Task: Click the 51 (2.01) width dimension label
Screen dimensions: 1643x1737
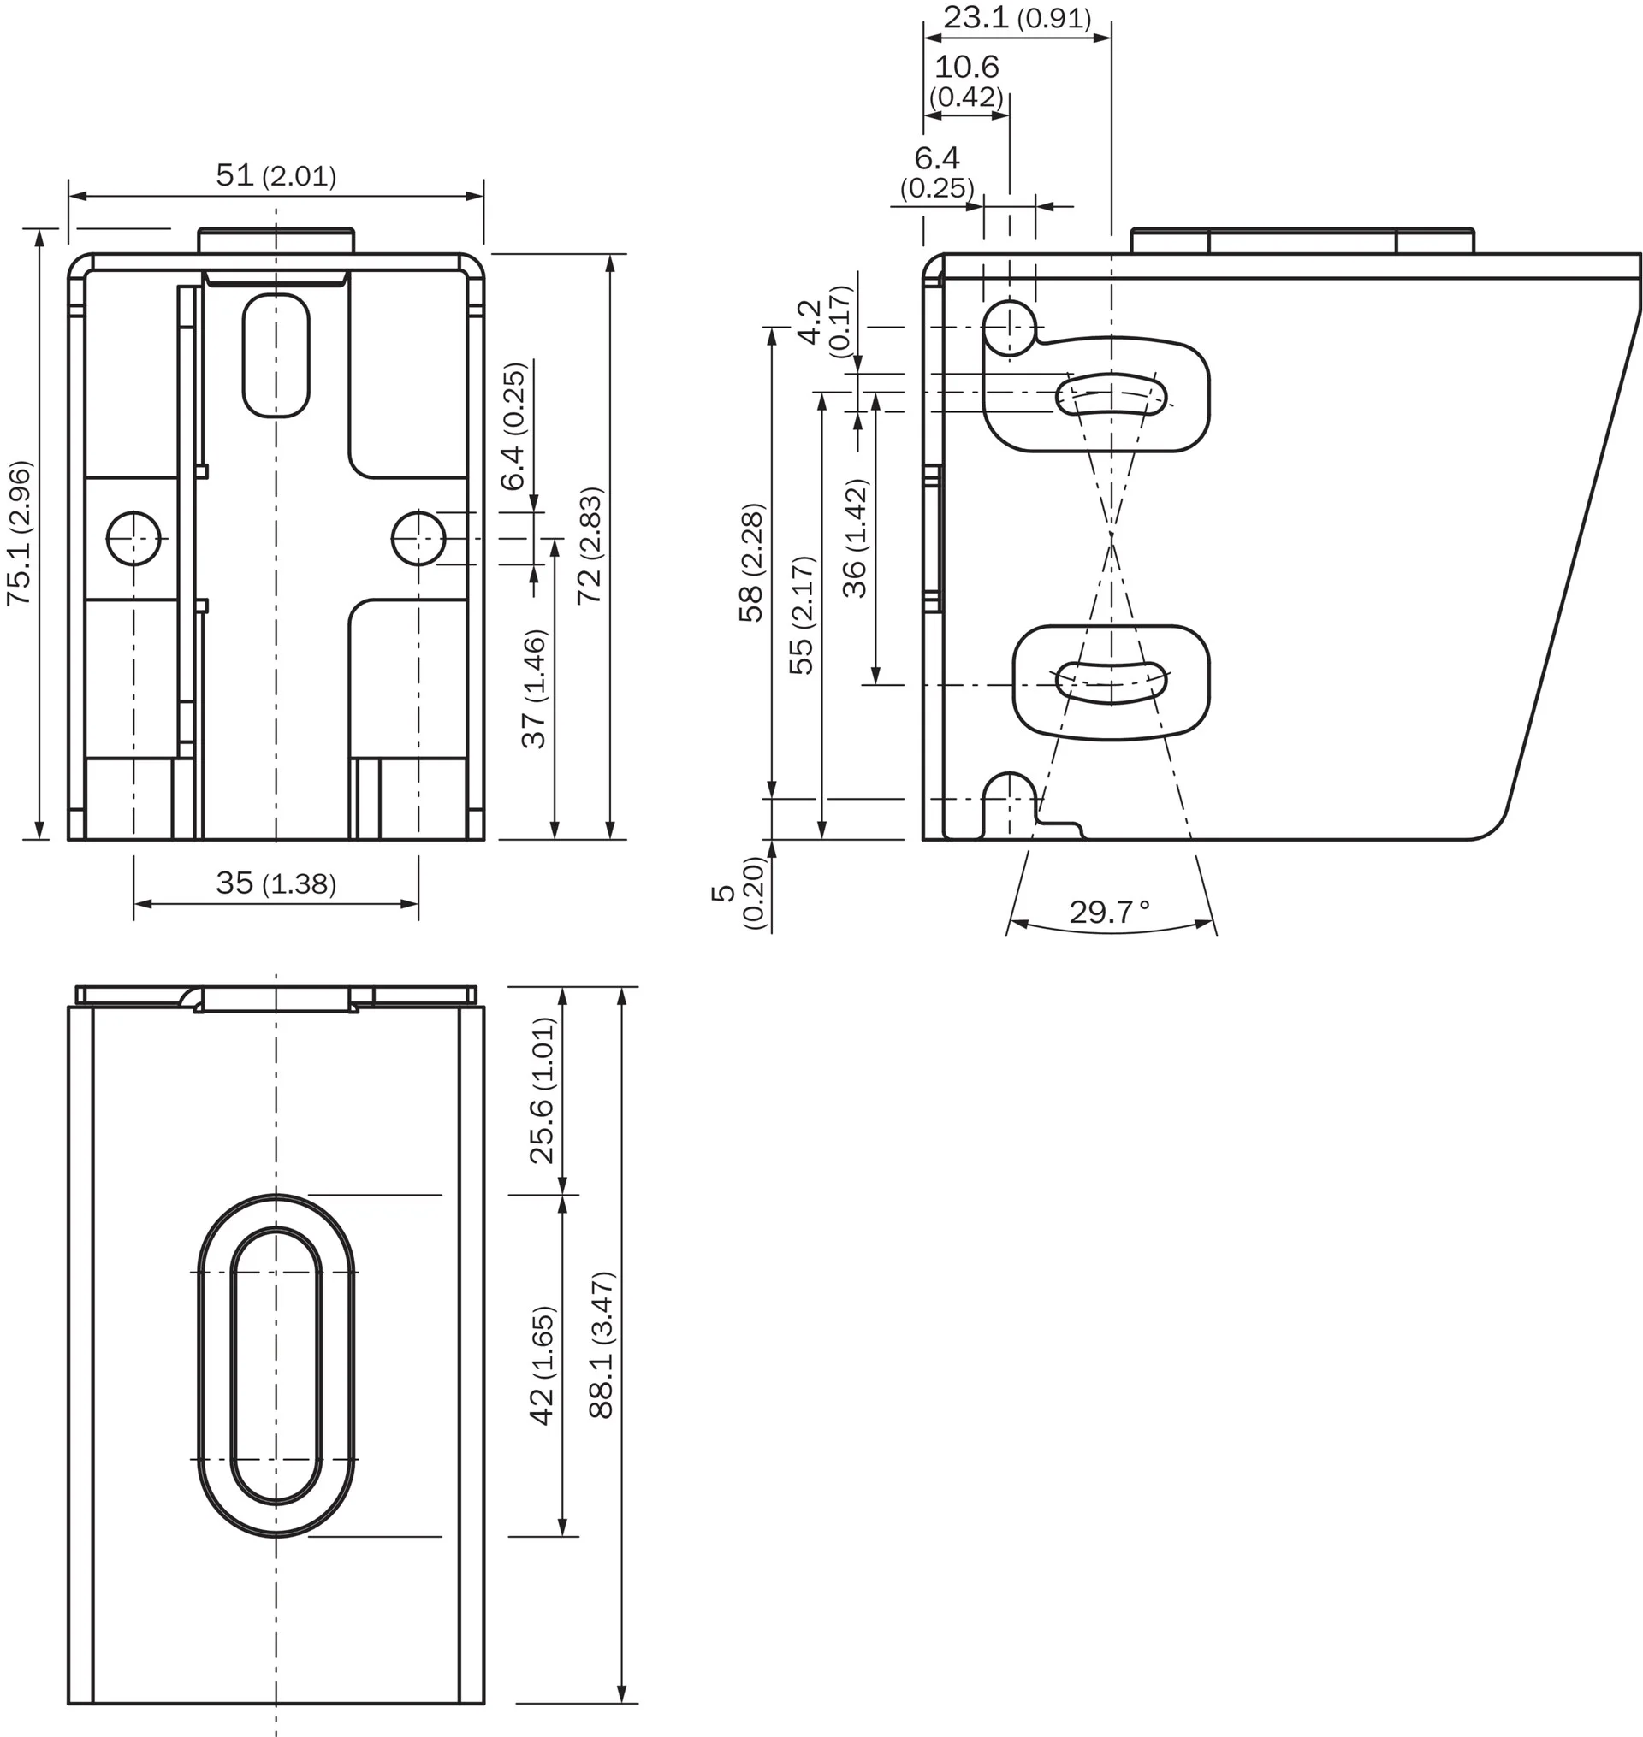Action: (x=276, y=175)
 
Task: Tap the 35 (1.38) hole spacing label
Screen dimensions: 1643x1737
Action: (x=276, y=883)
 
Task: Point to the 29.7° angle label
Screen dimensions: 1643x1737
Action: (x=1110, y=913)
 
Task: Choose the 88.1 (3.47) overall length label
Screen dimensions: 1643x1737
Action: (x=602, y=1344)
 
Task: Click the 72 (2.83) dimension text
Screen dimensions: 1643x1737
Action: (x=590, y=546)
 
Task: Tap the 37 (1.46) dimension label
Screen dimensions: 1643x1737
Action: (x=533, y=689)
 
